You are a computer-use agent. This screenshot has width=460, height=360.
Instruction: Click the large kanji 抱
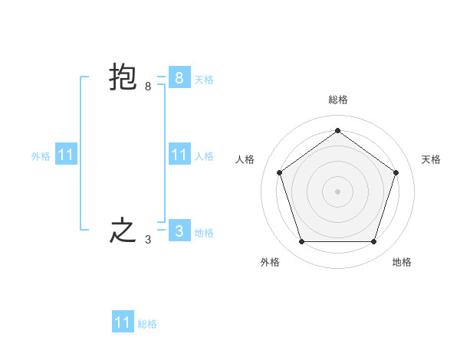tap(123, 78)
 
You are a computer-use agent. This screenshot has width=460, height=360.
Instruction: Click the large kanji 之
tap(123, 231)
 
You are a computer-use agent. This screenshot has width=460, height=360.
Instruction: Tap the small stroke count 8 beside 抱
tap(148, 87)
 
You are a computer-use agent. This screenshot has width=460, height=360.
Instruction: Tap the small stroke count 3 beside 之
tap(148, 240)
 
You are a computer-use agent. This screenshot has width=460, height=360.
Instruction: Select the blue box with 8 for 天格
tap(179, 78)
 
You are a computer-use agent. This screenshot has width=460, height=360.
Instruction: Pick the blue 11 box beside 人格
tap(179, 155)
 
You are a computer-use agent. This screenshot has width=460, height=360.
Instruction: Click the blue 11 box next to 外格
tap(66, 155)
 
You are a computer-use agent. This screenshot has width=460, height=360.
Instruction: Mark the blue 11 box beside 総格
tap(123, 322)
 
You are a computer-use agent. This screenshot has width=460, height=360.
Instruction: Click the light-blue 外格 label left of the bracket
tap(41, 156)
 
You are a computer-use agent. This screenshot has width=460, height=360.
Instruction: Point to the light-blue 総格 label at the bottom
tap(147, 324)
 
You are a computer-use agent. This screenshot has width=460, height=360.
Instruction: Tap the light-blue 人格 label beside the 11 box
tap(204, 156)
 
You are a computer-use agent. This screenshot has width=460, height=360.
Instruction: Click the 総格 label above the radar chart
tap(337, 100)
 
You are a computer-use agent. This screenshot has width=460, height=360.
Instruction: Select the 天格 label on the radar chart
tap(431, 159)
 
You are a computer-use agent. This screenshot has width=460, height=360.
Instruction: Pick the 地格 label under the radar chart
tap(402, 262)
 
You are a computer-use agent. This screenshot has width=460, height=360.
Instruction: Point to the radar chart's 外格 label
tap(270, 262)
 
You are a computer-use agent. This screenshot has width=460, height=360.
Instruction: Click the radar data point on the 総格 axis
tap(337, 130)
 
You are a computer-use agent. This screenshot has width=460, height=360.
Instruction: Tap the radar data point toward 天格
tap(396, 172)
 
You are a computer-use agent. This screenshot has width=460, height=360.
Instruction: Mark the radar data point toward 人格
tap(279, 172)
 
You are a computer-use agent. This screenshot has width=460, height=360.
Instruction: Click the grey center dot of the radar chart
tap(337, 191)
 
